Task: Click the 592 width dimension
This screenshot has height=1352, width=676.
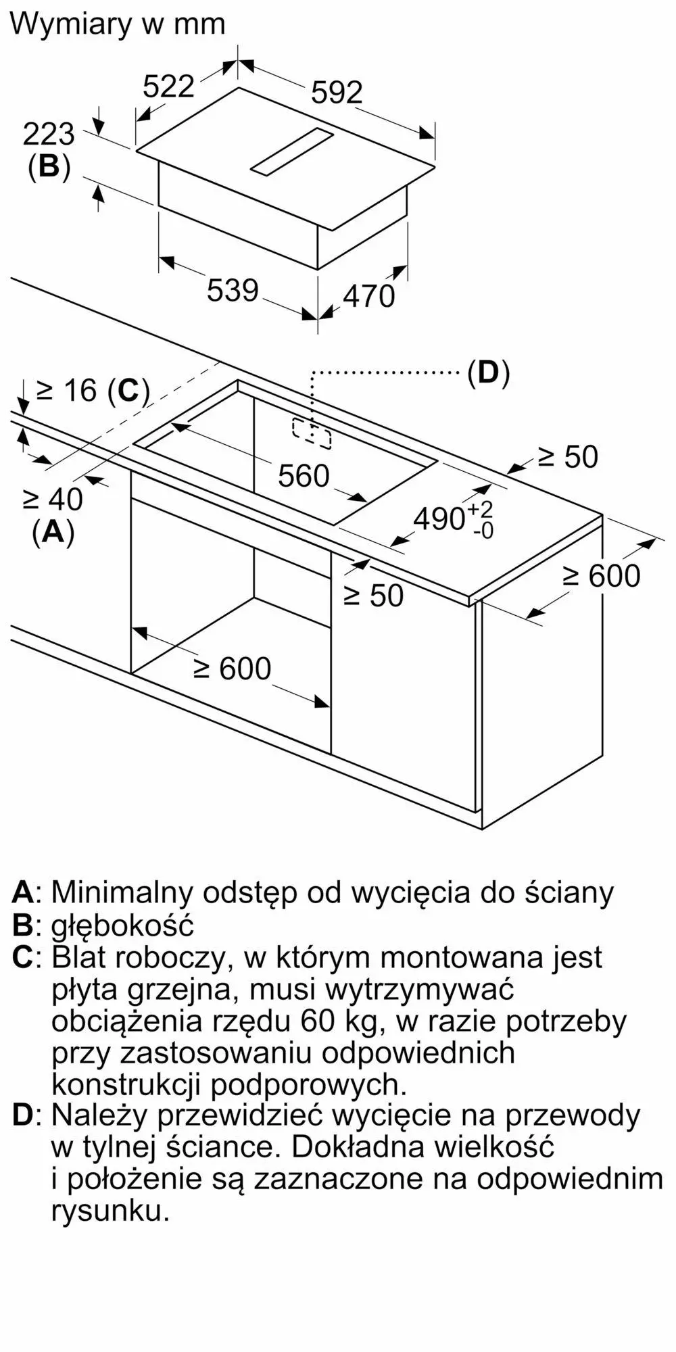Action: click(337, 93)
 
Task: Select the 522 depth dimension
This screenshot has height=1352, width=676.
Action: click(169, 87)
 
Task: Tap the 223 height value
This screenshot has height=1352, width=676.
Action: click(49, 135)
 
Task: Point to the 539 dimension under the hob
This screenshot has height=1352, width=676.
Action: click(233, 291)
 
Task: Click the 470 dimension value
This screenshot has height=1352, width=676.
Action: click(368, 296)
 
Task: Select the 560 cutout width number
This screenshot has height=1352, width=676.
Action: click(304, 477)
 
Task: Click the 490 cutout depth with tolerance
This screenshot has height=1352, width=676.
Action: click(453, 519)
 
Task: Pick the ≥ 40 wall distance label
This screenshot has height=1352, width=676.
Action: click(53, 500)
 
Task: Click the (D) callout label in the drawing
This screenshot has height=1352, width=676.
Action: click(488, 372)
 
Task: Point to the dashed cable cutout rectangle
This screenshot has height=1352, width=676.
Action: click(312, 433)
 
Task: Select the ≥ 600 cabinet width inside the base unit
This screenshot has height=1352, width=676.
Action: click(233, 669)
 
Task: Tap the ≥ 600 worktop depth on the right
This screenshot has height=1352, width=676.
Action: click(602, 576)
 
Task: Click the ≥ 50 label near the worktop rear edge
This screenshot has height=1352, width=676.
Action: click(568, 458)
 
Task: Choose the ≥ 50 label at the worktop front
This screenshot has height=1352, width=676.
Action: click(373, 596)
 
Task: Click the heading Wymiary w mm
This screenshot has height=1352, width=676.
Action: click(118, 24)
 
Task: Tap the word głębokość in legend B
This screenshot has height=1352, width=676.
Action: click(122, 925)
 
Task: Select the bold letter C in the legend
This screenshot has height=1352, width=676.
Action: click(22, 957)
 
